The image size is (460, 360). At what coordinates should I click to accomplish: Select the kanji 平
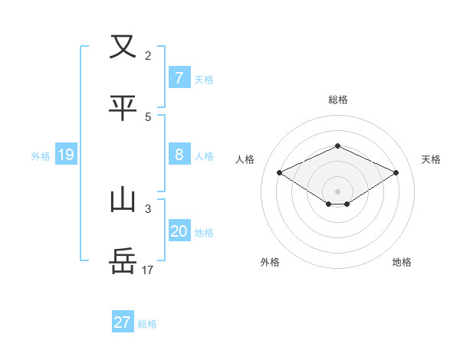click(x=123, y=108)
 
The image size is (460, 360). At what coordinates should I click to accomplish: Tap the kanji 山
click(x=123, y=200)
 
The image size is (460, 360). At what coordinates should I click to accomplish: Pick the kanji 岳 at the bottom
click(x=123, y=261)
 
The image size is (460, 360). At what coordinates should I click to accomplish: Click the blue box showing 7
click(x=179, y=77)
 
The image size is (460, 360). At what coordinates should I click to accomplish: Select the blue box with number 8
click(x=179, y=155)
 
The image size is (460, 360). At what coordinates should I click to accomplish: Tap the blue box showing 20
click(x=179, y=231)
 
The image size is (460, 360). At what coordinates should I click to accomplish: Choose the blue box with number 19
click(x=65, y=155)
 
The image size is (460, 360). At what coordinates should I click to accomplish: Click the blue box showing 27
click(x=123, y=322)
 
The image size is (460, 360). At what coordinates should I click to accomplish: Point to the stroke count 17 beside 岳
click(x=148, y=270)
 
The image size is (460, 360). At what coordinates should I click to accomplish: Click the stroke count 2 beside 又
click(x=148, y=55)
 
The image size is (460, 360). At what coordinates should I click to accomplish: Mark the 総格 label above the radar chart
click(x=337, y=100)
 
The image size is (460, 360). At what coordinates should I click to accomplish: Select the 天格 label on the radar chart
click(x=431, y=159)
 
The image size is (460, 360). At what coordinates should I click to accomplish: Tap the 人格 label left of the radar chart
click(x=245, y=159)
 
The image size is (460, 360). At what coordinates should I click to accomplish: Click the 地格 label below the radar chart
click(x=402, y=262)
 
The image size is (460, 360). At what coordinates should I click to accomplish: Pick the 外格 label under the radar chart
click(x=270, y=262)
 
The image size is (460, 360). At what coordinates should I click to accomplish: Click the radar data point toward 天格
click(x=396, y=172)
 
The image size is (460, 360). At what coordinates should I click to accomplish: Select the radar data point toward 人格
click(x=279, y=172)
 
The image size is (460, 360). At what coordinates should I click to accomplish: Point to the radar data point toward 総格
click(x=337, y=146)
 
